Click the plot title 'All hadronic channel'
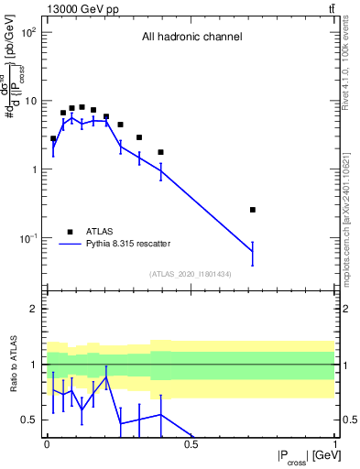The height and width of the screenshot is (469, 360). [x=191, y=38]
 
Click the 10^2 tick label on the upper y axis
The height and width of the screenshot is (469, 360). [x=29, y=32]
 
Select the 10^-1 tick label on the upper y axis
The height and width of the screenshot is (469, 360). [x=29, y=238]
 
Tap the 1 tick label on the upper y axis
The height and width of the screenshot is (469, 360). [x=35, y=169]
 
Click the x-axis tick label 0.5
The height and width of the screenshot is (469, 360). [x=191, y=444]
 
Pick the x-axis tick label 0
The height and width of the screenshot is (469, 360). [x=46, y=444]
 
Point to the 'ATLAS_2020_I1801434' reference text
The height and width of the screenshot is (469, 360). [x=191, y=274]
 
